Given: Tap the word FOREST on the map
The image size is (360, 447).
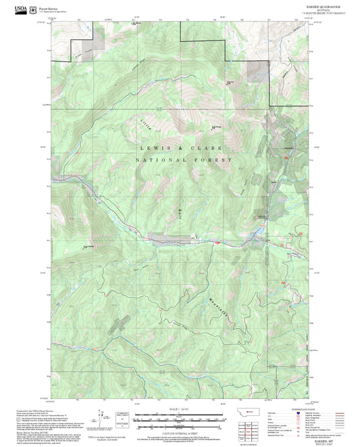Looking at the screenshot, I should tap(217, 161).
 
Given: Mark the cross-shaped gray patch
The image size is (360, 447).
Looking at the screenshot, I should tap(118, 323).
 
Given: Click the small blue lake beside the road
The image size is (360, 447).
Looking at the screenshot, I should tap(256, 236).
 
